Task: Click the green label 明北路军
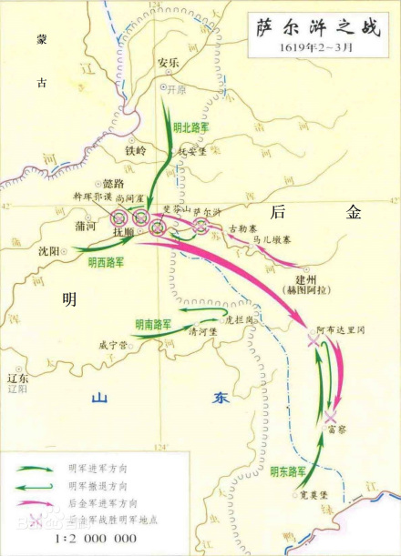(x=190, y=128)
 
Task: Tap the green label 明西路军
(x=108, y=261)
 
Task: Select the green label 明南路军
(x=154, y=323)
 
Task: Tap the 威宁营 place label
(x=114, y=345)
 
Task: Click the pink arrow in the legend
(x=34, y=502)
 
